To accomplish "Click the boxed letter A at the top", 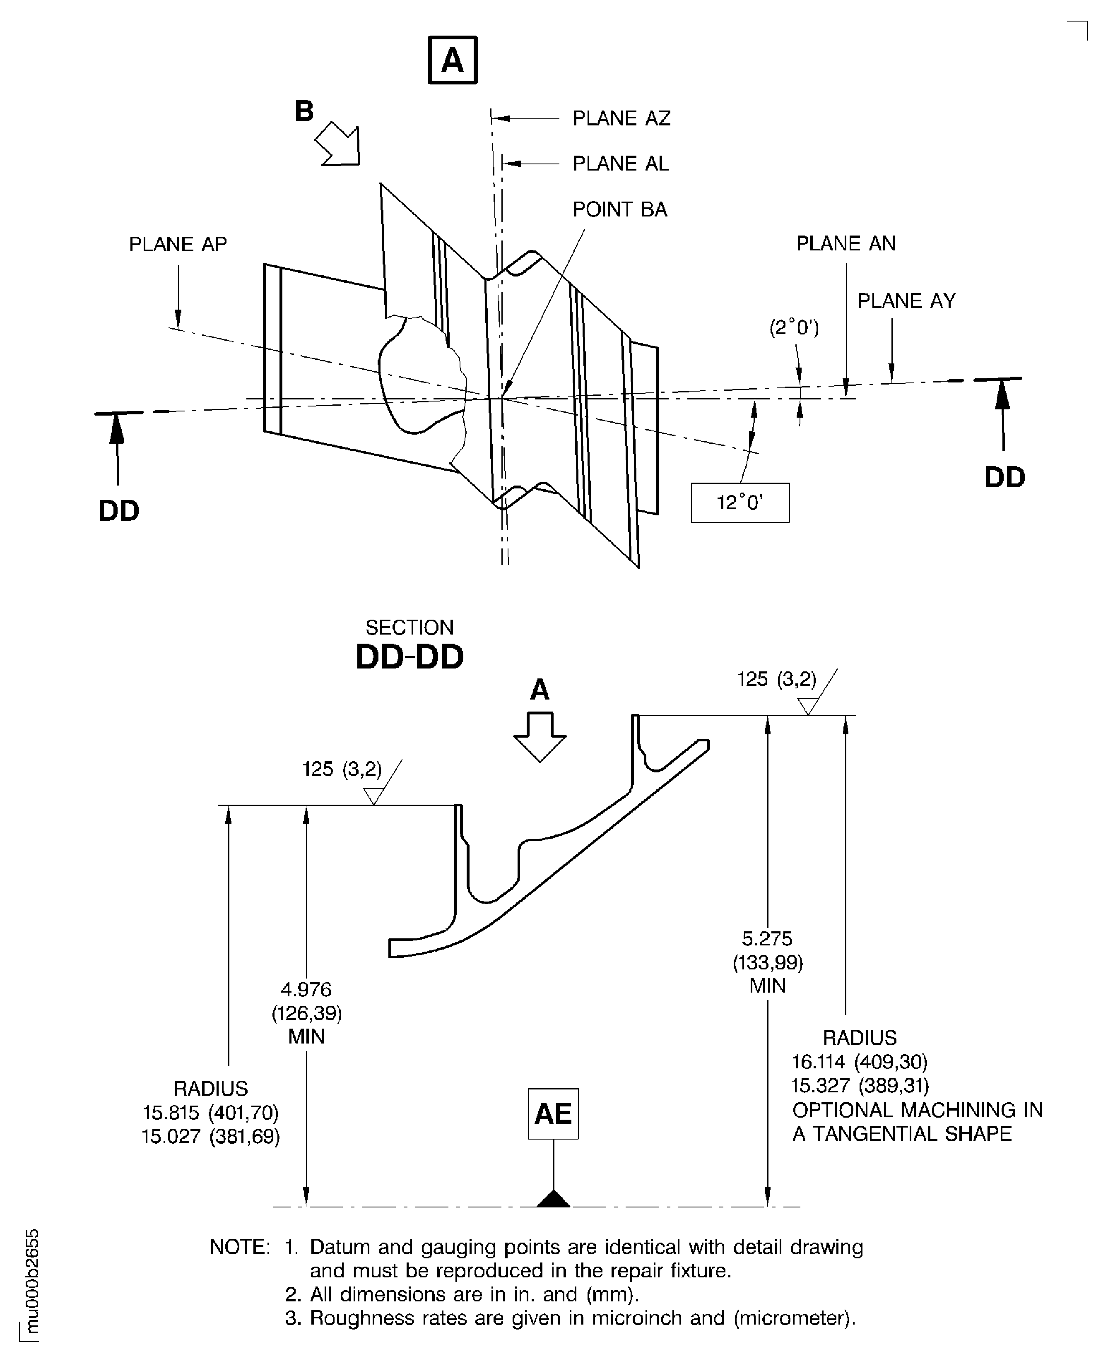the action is coord(453,60).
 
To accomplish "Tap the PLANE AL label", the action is coord(620,164).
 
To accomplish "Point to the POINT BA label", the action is coord(620,209).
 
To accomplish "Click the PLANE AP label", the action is coord(178,244).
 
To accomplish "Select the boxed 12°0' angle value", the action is coord(740,503).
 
